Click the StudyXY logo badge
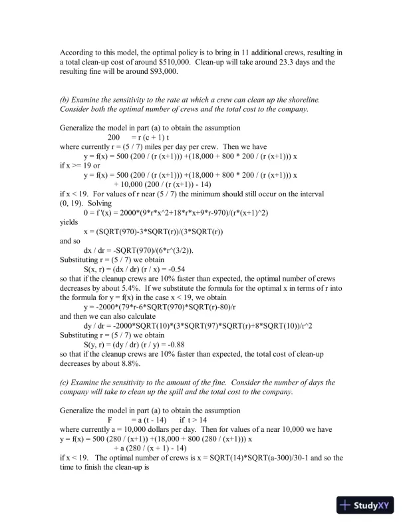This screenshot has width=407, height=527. pyautogui.click(x=366, y=505)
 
